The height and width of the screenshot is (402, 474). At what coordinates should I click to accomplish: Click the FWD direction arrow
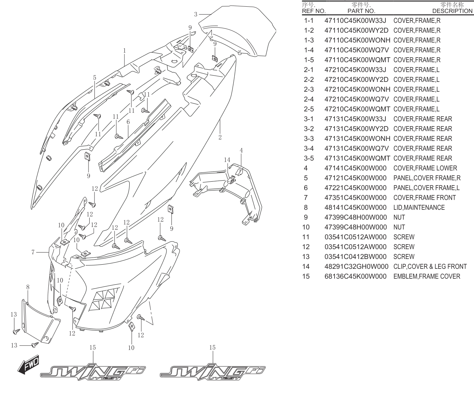point(28,365)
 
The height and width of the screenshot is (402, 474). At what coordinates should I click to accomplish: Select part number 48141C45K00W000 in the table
point(356,208)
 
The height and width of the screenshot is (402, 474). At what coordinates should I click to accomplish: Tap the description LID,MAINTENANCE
point(419,208)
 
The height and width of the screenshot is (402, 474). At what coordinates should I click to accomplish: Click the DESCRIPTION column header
point(452,11)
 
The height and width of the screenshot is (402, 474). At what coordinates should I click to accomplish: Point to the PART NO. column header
point(361,11)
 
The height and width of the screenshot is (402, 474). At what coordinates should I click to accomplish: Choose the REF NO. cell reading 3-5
point(309,158)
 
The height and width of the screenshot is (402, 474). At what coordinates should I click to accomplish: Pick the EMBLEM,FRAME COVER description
point(427,276)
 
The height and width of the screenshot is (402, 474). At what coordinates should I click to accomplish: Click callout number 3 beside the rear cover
point(196,14)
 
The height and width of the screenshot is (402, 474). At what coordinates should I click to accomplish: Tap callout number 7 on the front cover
point(33,252)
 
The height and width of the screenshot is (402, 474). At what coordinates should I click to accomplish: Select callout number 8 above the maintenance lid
point(28,287)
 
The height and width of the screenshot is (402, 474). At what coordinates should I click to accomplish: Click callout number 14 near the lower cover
point(227,160)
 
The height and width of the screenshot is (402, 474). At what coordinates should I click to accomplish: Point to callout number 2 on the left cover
point(220,137)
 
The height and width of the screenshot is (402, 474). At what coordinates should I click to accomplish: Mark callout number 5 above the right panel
point(95,78)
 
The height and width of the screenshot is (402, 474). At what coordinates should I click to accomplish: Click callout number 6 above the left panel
point(128,122)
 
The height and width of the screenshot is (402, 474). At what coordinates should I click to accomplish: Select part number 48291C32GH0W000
point(356,266)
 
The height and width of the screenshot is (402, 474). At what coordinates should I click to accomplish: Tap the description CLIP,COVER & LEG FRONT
point(430,266)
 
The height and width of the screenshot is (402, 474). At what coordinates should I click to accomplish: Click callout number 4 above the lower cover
point(241,150)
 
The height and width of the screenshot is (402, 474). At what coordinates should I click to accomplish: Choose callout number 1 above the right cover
point(124,51)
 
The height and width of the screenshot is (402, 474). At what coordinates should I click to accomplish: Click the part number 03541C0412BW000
point(356,257)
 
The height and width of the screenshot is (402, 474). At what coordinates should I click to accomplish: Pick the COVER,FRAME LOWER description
point(425,168)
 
